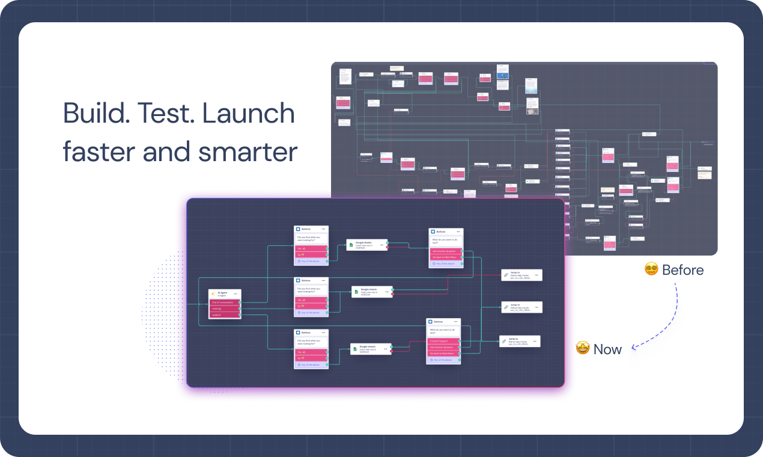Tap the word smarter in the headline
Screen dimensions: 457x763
click(x=249, y=152)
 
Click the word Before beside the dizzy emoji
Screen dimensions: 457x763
click(x=682, y=270)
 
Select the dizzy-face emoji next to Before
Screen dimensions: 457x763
click(x=651, y=269)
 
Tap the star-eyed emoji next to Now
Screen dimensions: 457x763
click(x=583, y=348)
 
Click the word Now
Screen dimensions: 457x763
click(x=607, y=349)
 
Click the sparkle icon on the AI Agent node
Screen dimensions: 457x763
click(x=213, y=293)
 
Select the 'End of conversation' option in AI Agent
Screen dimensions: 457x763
click(x=224, y=302)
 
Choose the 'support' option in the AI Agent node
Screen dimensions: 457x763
click(x=224, y=314)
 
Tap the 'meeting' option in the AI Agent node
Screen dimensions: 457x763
click(x=224, y=308)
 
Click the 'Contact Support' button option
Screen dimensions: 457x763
click(x=443, y=341)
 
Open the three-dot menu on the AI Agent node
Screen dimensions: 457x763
click(x=236, y=293)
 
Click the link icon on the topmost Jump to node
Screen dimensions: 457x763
click(x=506, y=275)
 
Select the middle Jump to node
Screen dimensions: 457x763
click(x=521, y=307)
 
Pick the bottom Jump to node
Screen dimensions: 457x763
click(x=520, y=341)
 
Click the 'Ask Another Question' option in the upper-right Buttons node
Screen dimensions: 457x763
click(x=445, y=251)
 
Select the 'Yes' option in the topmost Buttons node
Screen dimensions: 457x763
click(x=311, y=248)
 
